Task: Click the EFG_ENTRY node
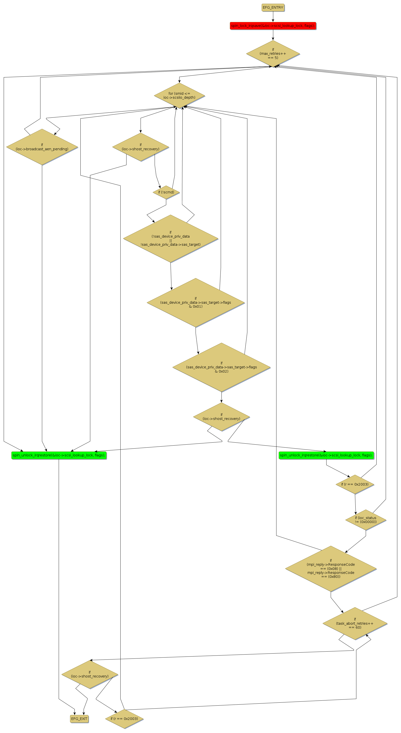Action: pyautogui.click(x=273, y=7)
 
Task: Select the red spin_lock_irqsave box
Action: pyautogui.click(x=273, y=26)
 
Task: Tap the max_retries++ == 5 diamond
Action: pyautogui.click(x=273, y=54)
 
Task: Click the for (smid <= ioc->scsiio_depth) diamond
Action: pyautogui.click(x=179, y=95)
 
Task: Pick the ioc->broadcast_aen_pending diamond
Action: pyautogui.click(x=42, y=147)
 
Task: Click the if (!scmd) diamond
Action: pyautogui.click(x=166, y=192)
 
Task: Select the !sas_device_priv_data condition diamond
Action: pyautogui.click(x=170, y=238)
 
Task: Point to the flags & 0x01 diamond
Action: pyautogui.click(x=195, y=302)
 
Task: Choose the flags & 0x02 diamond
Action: pyautogui.click(x=221, y=367)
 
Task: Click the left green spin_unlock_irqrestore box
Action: pyautogui.click(x=59, y=455)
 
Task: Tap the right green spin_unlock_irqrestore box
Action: pyautogui.click(x=326, y=455)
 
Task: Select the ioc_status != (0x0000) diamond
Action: pyautogui.click(x=365, y=520)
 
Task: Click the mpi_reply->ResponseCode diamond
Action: pyautogui.click(x=330, y=568)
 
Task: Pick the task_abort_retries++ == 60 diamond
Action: pyautogui.click(x=355, y=623)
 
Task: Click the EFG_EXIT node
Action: pyautogui.click(x=79, y=718)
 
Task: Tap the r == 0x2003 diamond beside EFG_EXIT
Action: pyautogui.click(x=124, y=718)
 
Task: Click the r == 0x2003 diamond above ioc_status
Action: pyautogui.click(x=355, y=484)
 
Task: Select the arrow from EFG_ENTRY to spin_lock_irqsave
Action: pyautogui.click(x=273, y=17)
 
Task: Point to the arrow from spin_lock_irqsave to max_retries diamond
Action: pyautogui.click(x=273, y=35)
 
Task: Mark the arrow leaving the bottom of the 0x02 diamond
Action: pyautogui.click(x=221, y=397)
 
